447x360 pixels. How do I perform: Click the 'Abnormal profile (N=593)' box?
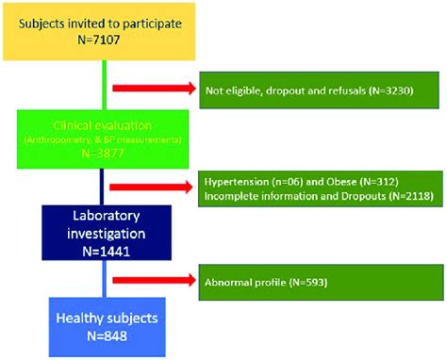click(x=320, y=280)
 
